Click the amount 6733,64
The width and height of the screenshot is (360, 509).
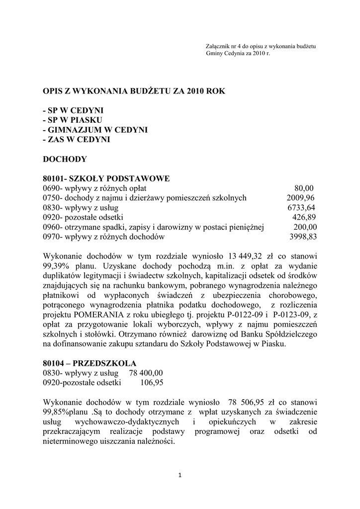301,208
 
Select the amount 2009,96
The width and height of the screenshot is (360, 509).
300,198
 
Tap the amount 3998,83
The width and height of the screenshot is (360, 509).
302,237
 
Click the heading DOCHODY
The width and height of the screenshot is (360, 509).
65,159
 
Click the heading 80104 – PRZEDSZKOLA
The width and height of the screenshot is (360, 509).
90,363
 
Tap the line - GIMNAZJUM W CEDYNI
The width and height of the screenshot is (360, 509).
95,130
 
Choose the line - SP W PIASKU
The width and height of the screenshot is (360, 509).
73,120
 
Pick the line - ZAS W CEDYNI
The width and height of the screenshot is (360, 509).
77,140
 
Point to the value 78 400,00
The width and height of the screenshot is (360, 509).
146,373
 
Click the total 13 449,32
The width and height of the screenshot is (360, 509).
246,256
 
